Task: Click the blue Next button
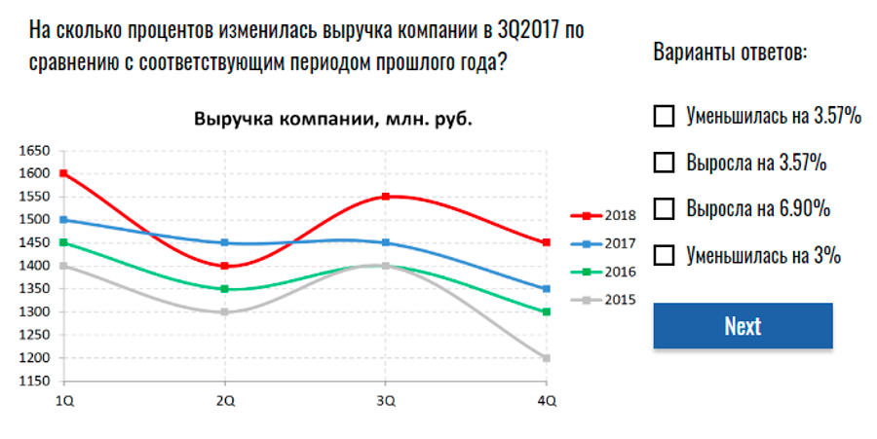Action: (743, 326)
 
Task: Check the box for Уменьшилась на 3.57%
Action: (664, 117)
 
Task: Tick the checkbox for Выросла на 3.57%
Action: (664, 163)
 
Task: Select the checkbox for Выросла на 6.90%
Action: (664, 208)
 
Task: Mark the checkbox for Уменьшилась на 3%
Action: (664, 255)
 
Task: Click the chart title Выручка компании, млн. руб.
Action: (332, 120)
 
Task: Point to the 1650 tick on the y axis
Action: (33, 151)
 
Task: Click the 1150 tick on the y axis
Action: (33, 382)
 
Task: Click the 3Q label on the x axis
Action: (386, 401)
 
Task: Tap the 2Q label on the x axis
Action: (225, 401)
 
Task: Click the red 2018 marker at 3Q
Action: (386, 197)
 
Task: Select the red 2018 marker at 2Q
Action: (225, 266)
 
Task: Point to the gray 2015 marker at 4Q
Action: (547, 358)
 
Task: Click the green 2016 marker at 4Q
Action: (547, 311)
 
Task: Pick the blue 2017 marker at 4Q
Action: (547, 289)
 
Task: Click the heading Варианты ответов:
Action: (730, 52)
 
